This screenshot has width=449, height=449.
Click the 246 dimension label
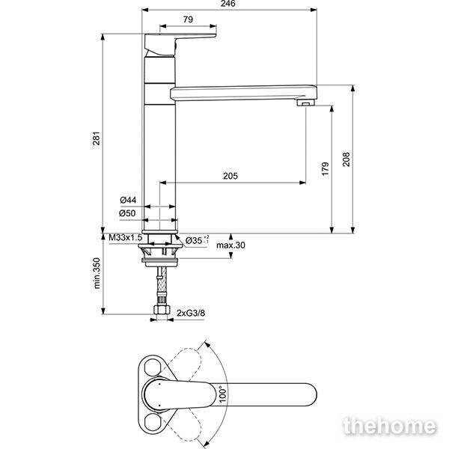click(x=228, y=4)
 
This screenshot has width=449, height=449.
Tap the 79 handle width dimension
click(x=188, y=19)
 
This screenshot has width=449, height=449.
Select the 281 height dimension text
click(x=97, y=138)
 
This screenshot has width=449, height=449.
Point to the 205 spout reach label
click(x=230, y=176)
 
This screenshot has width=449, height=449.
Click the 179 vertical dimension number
click(x=326, y=169)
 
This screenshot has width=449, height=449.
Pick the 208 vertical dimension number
click(x=346, y=159)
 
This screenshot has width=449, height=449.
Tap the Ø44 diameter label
click(x=128, y=200)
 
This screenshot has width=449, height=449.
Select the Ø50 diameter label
click(x=127, y=213)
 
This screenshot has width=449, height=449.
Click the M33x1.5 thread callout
click(x=126, y=237)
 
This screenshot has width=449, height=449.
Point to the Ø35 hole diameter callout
click(x=197, y=240)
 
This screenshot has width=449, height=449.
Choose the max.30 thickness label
click(x=230, y=245)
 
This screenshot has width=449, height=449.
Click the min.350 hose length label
click(x=97, y=273)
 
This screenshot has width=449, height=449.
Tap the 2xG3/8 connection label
click(x=191, y=313)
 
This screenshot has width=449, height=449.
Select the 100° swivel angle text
click(x=222, y=394)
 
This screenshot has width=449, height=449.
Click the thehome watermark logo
click(x=390, y=426)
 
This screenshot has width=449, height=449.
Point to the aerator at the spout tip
click(x=306, y=103)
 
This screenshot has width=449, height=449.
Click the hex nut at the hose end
click(x=162, y=309)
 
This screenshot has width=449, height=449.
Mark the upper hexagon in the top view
click(x=153, y=367)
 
